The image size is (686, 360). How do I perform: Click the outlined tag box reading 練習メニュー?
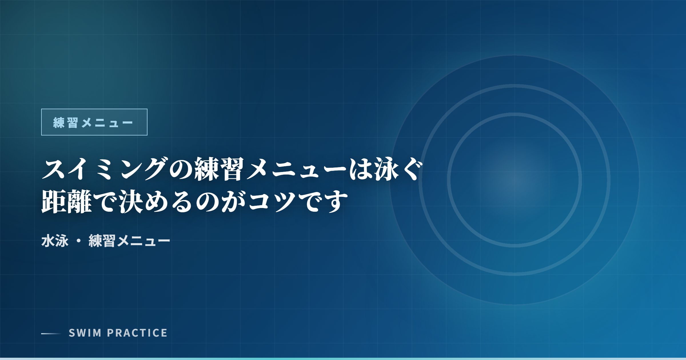[x=94, y=122]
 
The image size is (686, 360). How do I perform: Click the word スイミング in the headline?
[x=104, y=169]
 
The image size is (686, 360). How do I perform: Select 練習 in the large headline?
[x=220, y=169]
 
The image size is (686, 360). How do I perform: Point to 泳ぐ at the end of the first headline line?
[x=398, y=169]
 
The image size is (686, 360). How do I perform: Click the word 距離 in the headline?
[x=67, y=201]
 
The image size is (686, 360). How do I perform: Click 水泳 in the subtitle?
[x=55, y=241]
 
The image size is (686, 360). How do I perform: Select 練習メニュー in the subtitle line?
[x=129, y=241]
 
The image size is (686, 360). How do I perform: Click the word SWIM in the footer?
[x=85, y=333]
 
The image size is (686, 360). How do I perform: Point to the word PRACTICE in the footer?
[x=137, y=333]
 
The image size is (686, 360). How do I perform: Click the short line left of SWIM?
[x=51, y=333]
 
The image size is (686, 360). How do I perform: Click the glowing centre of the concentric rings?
[x=514, y=180]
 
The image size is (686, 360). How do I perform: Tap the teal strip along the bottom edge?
[x=343, y=359]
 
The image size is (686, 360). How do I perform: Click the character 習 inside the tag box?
[x=73, y=123]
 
